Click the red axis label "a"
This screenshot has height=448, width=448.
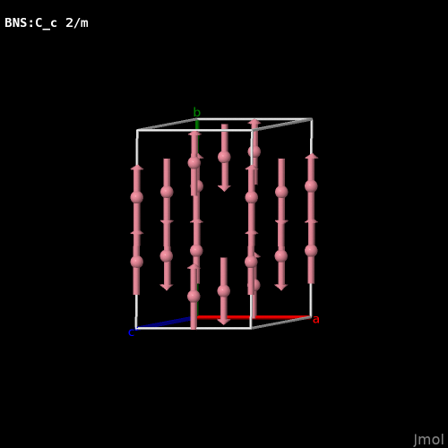tap(315, 320)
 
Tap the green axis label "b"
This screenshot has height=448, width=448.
tap(196, 112)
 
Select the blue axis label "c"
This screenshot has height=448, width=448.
tap(131, 332)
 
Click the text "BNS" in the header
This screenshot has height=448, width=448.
tap(16, 22)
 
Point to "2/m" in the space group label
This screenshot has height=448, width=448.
tap(77, 22)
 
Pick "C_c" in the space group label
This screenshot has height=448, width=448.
tap(46, 23)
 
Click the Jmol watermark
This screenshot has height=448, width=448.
tap(428, 440)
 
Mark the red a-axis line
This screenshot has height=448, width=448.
tap(254, 317)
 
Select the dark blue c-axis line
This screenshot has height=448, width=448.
tap(164, 323)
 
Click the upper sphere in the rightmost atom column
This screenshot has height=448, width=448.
tap(311, 186)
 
